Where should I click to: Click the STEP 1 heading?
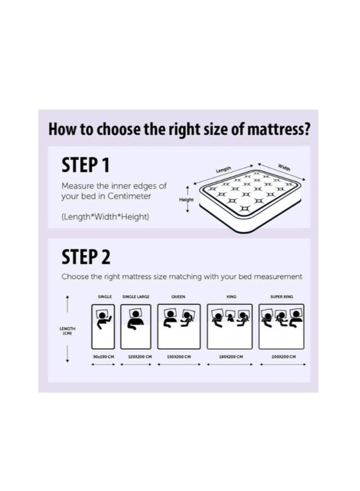click(85, 166)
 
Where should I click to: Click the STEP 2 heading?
click(86, 257)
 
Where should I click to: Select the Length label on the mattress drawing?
click(224, 170)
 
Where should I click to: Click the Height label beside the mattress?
click(186, 200)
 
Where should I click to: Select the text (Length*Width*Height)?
click(105, 217)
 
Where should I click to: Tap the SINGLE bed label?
click(105, 297)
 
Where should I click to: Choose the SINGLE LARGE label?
click(136, 297)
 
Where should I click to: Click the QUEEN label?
click(178, 297)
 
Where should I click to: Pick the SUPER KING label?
click(281, 297)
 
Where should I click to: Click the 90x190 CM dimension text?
click(104, 357)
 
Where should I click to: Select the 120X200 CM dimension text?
click(136, 357)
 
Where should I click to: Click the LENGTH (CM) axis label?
click(67, 330)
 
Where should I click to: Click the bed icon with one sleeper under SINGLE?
click(103, 326)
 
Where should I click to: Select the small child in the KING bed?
click(230, 318)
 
